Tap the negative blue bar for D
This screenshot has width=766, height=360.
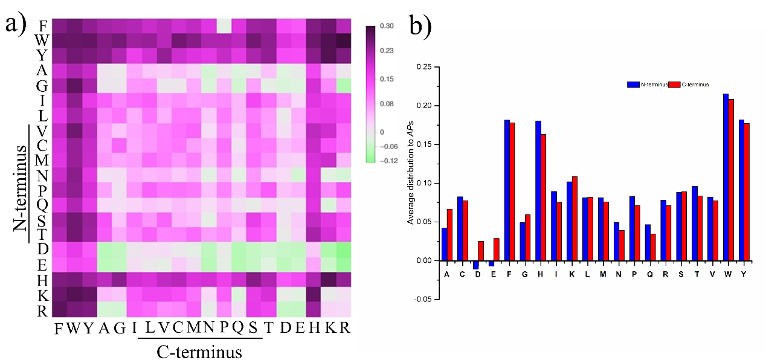(476, 265)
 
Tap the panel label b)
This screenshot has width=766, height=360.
(421, 25)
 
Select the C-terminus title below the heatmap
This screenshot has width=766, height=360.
(199, 351)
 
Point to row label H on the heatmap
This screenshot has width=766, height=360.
(42, 281)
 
